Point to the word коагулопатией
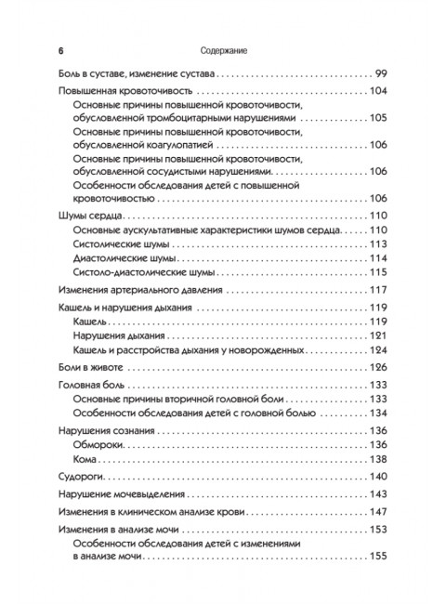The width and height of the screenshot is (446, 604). (196, 145)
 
